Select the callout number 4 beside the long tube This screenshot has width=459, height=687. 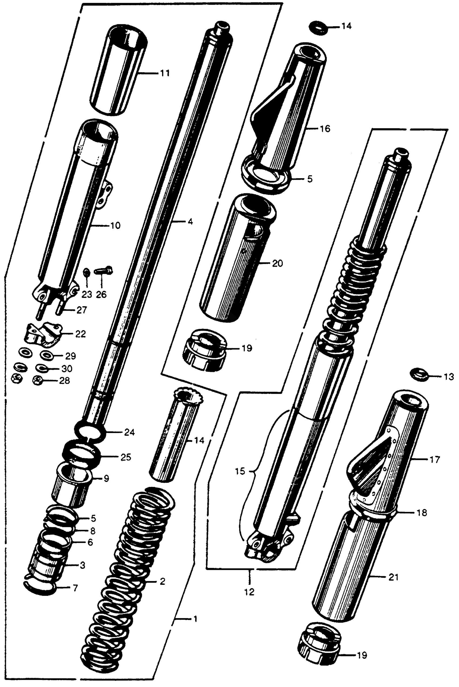pyautogui.click(x=190, y=222)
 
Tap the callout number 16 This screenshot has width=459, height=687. pyautogui.click(x=325, y=129)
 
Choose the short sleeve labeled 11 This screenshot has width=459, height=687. pyautogui.click(x=120, y=70)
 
